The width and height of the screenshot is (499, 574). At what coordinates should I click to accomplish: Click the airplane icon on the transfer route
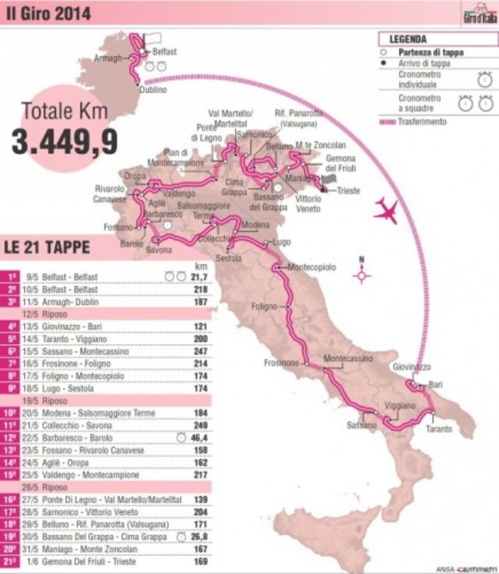click(387, 211)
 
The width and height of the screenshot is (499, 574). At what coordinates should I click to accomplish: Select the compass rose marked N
click(362, 274)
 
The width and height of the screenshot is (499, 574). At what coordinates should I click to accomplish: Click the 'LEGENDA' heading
click(408, 38)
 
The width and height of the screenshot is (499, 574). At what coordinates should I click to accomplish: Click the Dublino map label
click(152, 89)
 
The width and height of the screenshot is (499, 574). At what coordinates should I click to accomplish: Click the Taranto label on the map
click(440, 429)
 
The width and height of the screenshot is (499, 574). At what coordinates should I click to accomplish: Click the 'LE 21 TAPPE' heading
click(47, 247)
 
